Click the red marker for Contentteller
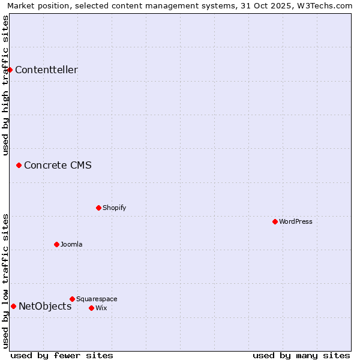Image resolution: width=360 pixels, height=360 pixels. [10, 70]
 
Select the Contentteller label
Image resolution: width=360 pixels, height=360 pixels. [46, 70]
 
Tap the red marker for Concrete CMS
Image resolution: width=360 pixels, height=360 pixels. [19, 165]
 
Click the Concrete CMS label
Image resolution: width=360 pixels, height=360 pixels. [58, 166]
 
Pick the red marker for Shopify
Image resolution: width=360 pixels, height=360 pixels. [98, 208]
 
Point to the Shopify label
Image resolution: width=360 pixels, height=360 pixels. [114, 208]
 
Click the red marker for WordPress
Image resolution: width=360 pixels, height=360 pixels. [275, 221]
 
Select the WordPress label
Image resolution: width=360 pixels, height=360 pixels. [295, 222]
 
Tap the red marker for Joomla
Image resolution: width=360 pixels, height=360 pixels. [56, 244]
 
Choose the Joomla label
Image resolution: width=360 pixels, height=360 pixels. [71, 245]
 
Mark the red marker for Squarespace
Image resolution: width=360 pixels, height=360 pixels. [72, 299]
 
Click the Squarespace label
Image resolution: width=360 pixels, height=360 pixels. [97, 299]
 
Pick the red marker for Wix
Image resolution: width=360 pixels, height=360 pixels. [91, 308]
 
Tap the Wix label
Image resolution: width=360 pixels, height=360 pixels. [101, 308]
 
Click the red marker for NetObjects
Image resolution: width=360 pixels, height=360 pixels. [13, 306]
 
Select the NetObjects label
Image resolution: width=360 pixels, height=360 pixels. [45, 307]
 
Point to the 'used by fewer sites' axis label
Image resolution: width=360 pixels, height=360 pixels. [62, 355]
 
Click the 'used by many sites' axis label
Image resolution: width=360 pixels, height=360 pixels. [301, 355]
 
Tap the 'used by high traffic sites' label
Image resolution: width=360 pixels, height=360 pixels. [5, 85]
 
